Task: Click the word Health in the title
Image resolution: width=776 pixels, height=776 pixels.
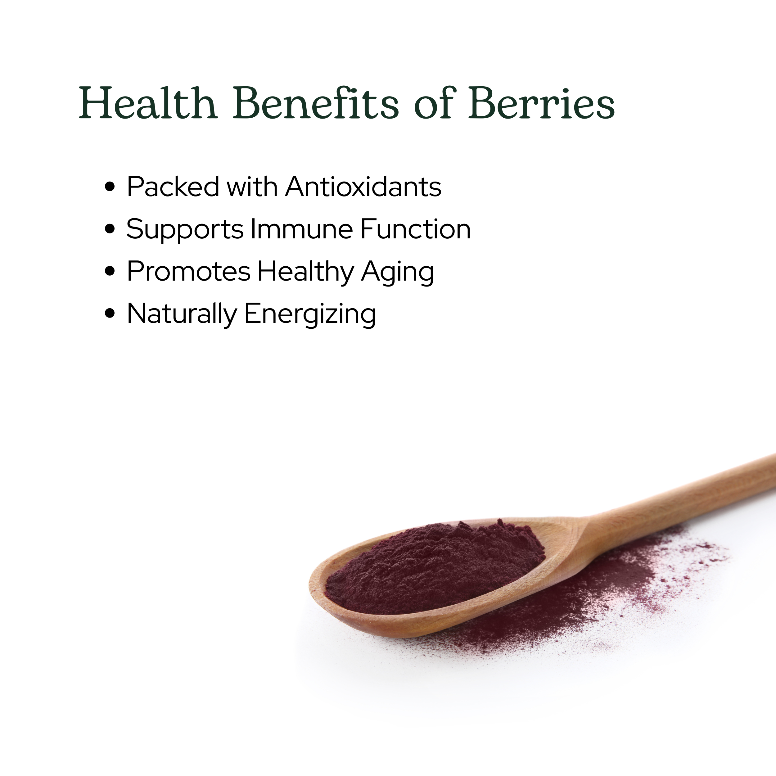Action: [x=148, y=104]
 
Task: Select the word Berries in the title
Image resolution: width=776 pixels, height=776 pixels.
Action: [x=541, y=103]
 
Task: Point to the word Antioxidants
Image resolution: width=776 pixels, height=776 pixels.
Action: [x=363, y=187]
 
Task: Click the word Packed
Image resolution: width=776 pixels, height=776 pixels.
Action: [x=173, y=187]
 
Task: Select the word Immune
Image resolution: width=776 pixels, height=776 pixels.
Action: [x=302, y=229]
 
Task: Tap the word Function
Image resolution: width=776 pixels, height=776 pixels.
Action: [x=416, y=229]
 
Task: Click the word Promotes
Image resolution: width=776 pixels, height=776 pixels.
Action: [x=189, y=272]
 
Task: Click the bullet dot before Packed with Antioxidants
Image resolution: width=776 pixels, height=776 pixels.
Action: [x=110, y=187]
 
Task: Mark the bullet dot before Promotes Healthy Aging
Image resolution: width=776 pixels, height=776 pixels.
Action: [x=110, y=272]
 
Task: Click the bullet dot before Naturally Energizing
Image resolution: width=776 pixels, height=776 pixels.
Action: [x=110, y=314]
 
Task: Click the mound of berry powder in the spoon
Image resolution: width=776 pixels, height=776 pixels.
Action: [x=434, y=566]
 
